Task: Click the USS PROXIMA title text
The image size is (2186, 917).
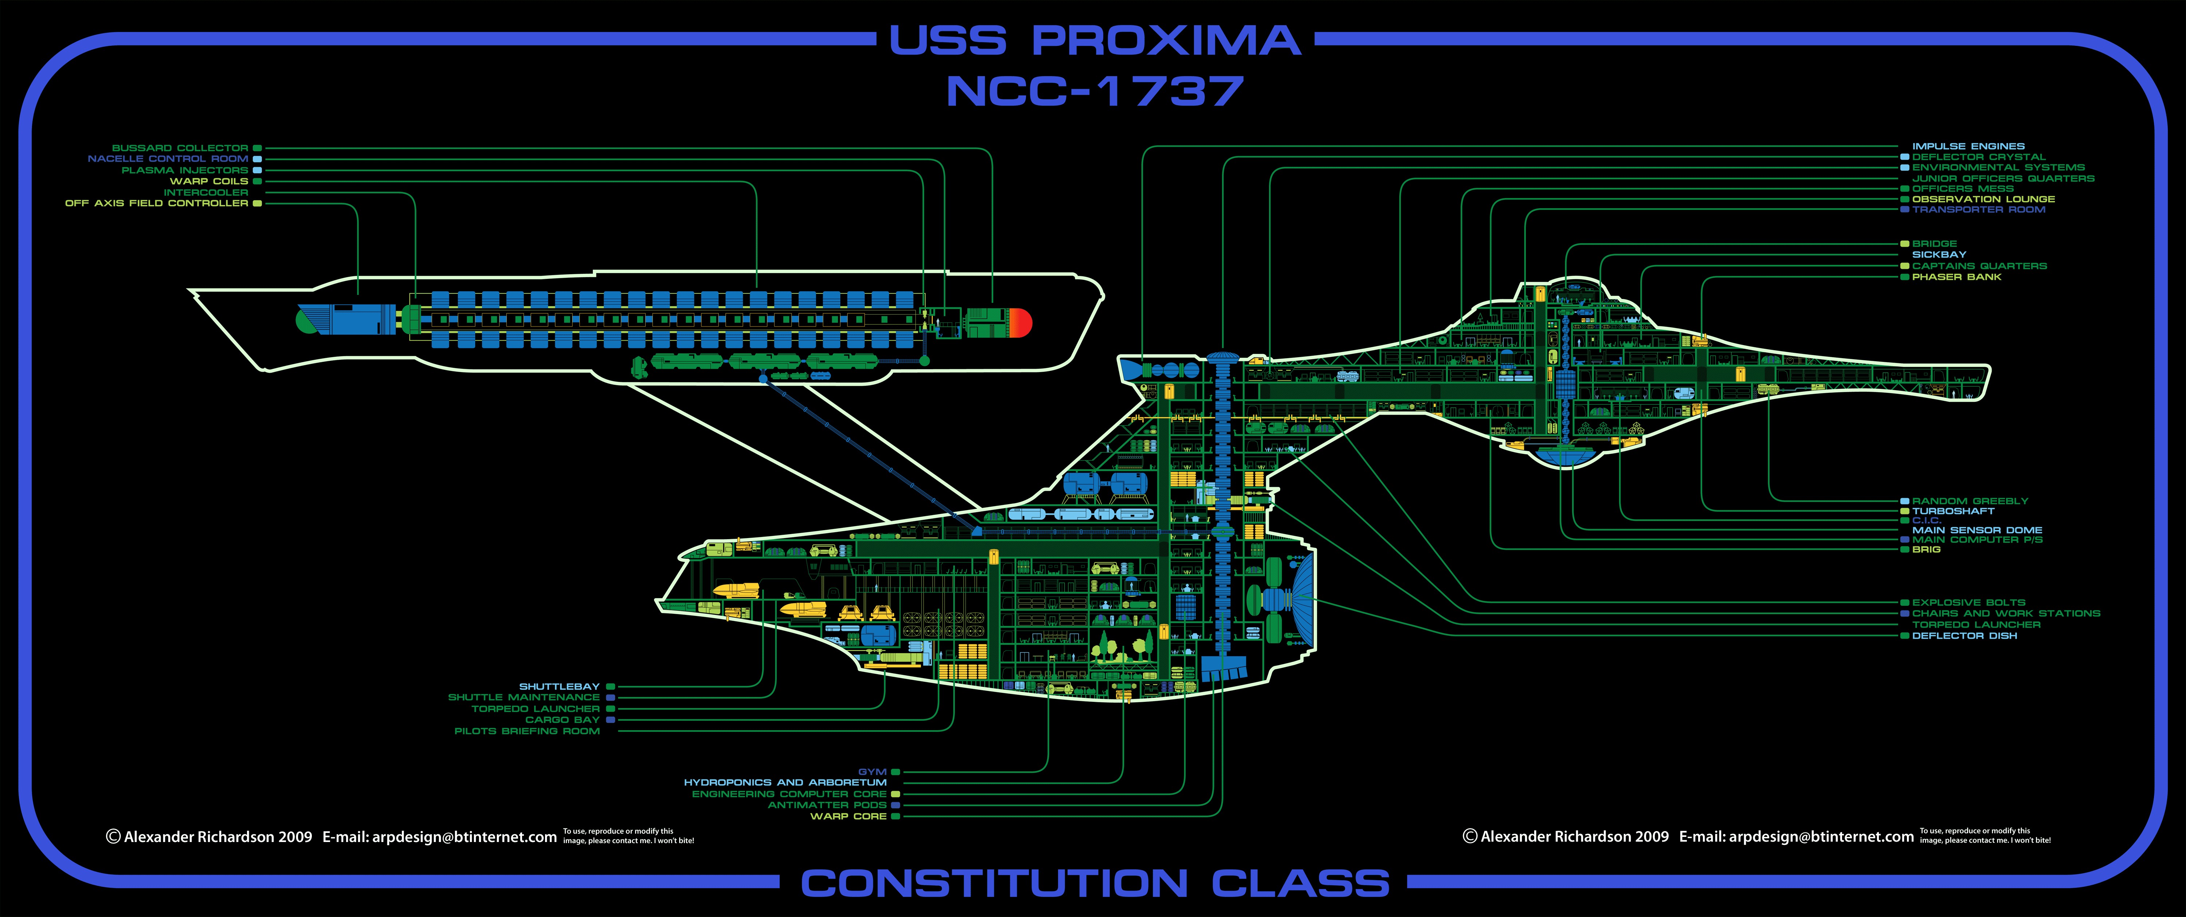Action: [x=1095, y=41]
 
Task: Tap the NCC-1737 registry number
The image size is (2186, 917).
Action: [x=1095, y=92]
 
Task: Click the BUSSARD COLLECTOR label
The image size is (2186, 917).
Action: [x=180, y=147]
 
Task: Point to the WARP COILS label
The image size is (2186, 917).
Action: [x=209, y=181]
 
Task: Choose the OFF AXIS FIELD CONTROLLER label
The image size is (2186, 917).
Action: [x=157, y=203]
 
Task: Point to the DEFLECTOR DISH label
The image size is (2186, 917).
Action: [x=1964, y=635]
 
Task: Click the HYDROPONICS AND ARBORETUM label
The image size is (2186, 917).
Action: [x=785, y=782]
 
